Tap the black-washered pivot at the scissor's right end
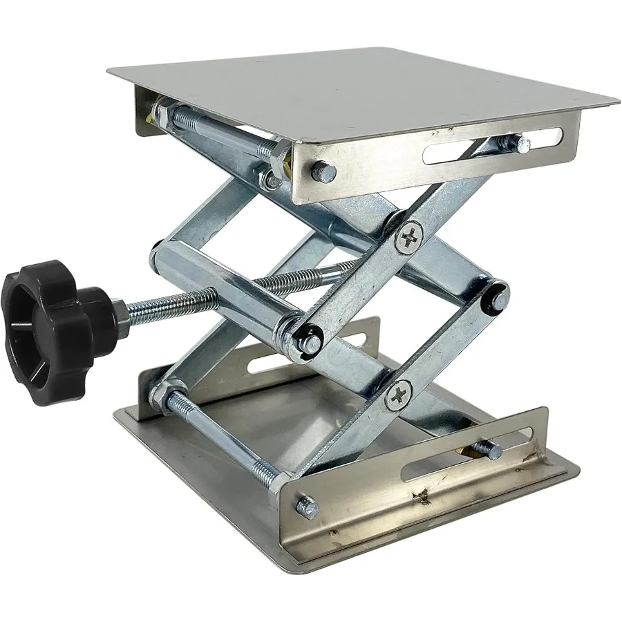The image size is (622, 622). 496,296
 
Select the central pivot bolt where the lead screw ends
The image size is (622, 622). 309,338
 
